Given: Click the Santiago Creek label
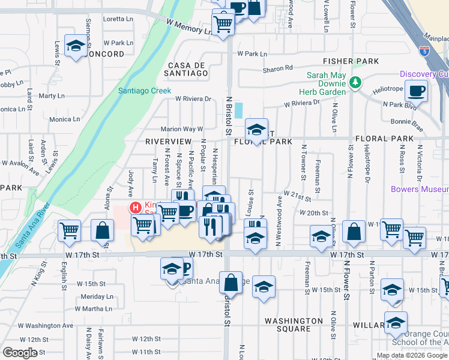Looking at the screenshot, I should [144, 91].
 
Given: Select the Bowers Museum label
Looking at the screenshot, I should [419, 189].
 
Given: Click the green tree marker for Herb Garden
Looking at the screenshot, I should [355, 82].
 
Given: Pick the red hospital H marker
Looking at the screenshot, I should [136, 208].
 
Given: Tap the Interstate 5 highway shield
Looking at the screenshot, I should [425, 51].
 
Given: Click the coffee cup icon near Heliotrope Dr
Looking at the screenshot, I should [415, 92].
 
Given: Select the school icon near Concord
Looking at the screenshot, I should [76, 47].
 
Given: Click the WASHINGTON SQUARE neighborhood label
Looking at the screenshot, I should [294, 325].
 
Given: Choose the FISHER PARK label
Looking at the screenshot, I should [351, 61].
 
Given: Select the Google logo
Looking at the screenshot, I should [20, 353].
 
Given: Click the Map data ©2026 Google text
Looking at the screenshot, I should [412, 355].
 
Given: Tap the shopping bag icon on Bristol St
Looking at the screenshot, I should [231, 283].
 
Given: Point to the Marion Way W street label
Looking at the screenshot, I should [182, 129].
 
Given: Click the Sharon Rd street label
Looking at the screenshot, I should [277, 69].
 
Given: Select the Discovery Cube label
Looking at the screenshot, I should [425, 74].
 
